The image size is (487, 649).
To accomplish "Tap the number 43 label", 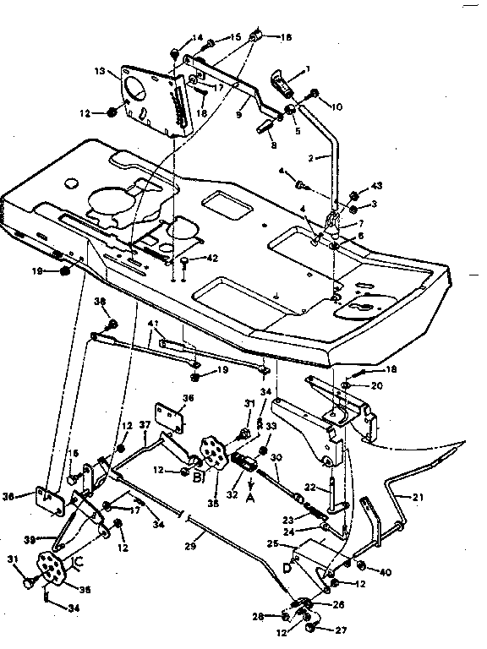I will pyautogui.click(x=377, y=187).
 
